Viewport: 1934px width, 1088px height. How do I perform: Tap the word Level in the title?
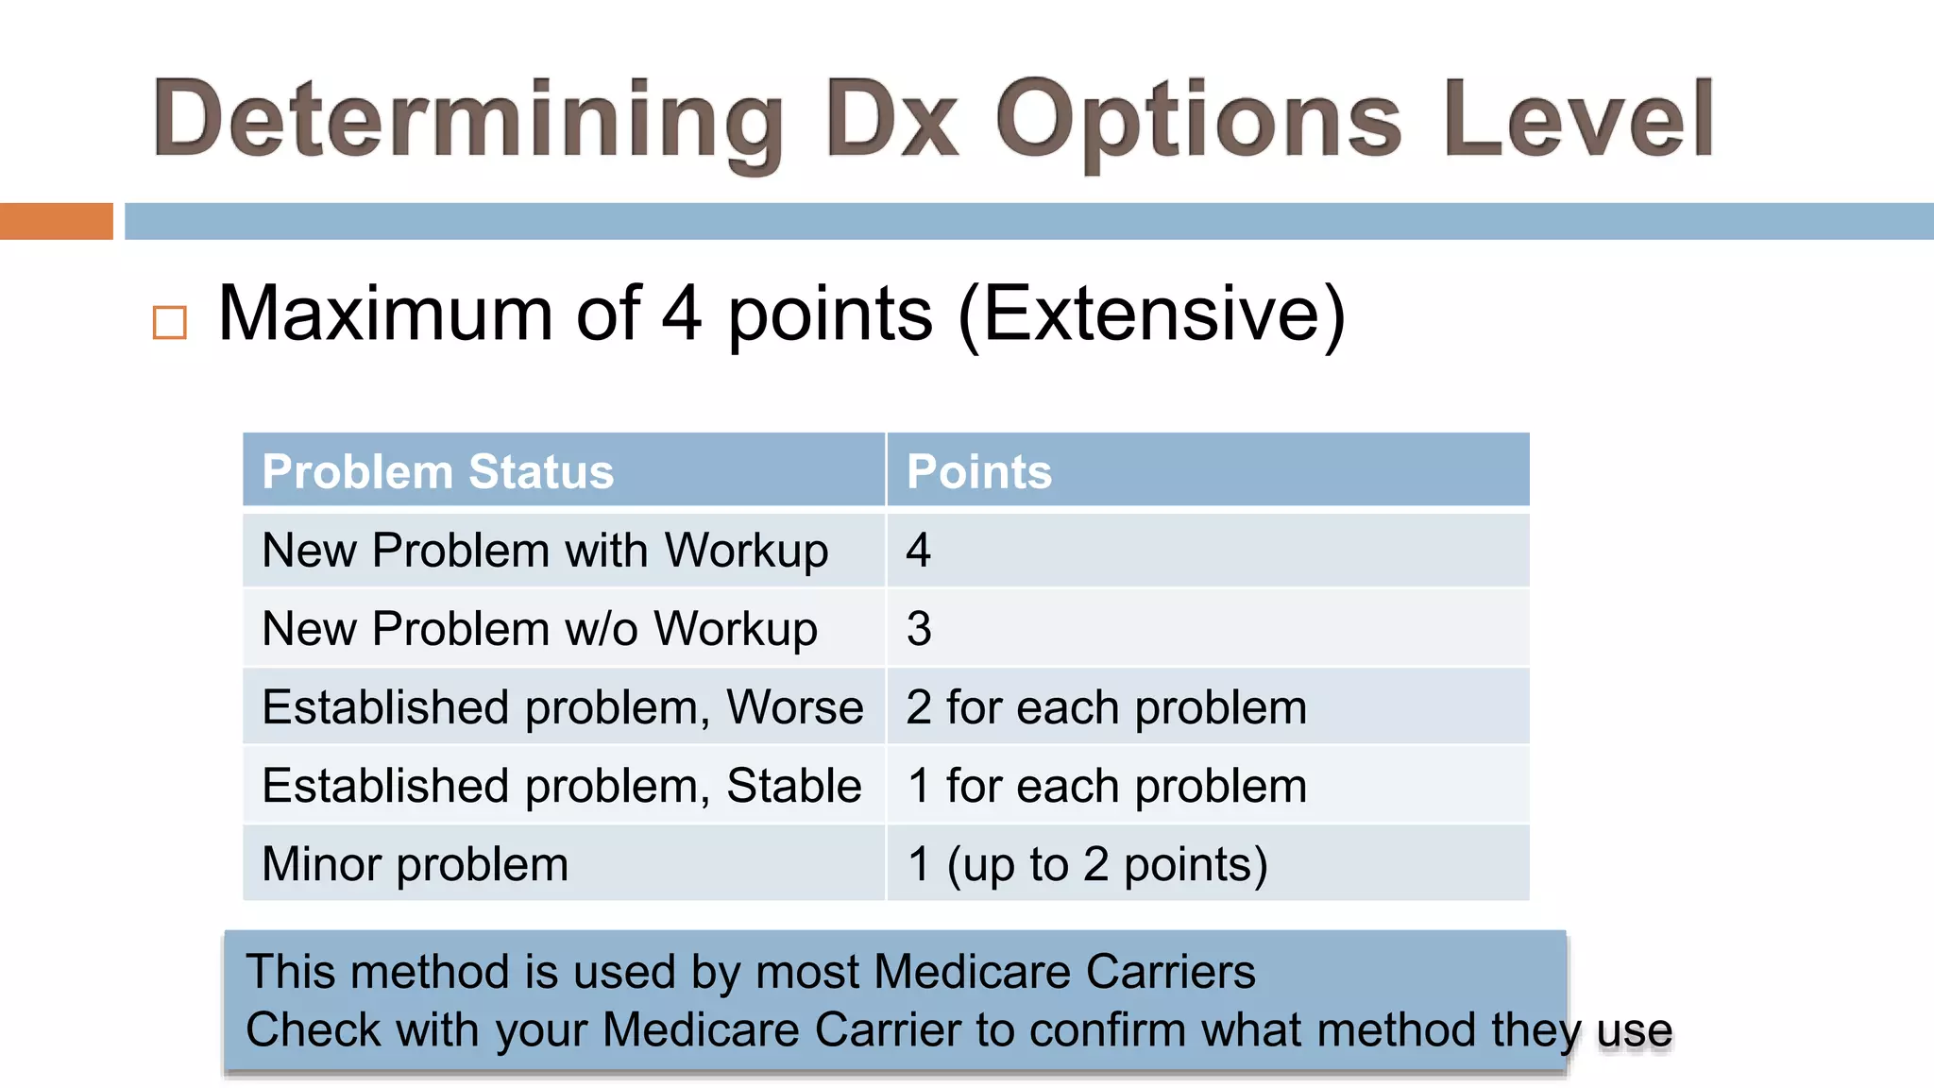pyautogui.click(x=1578, y=119)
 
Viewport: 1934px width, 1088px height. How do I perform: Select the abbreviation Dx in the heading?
pyautogui.click(x=891, y=119)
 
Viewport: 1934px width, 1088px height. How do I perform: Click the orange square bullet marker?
pyautogui.click(x=170, y=322)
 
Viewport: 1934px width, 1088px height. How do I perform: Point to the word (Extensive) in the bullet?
pyautogui.click(x=1152, y=314)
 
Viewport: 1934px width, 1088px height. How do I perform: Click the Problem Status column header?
pyautogui.click(x=438, y=471)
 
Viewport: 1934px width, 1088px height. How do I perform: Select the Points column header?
pyautogui.click(x=978, y=471)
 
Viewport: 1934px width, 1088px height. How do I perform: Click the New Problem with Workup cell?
pyautogui.click(x=545, y=550)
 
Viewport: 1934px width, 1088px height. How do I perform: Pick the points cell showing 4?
pyautogui.click(x=919, y=550)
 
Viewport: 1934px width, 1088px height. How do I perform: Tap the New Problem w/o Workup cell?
pyautogui.click(x=539, y=628)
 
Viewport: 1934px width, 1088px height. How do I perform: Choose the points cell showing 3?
pyautogui.click(x=919, y=628)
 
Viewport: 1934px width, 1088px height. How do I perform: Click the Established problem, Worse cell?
pyautogui.click(x=563, y=706)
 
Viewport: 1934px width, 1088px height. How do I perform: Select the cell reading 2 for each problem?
pyautogui.click(x=1106, y=706)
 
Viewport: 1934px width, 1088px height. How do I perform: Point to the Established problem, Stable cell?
pyautogui.click(x=562, y=785)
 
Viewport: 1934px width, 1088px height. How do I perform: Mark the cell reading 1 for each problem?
pyautogui.click(x=1106, y=785)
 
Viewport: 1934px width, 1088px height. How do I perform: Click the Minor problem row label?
pyautogui.click(x=416, y=863)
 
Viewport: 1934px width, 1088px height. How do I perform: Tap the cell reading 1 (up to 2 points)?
pyautogui.click(x=1087, y=863)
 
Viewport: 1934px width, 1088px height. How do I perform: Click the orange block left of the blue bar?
pyautogui.click(x=56, y=221)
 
